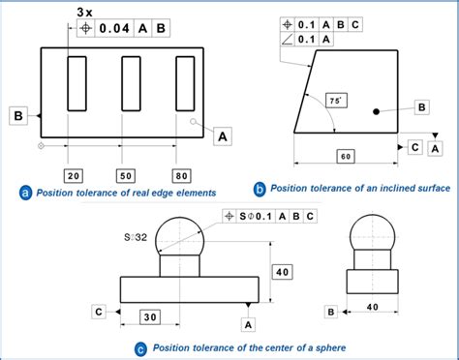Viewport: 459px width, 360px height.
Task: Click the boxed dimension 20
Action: point(75,174)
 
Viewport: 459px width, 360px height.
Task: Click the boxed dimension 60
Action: point(346,156)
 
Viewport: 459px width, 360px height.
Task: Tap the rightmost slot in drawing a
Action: point(184,86)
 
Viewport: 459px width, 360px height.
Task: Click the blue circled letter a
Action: point(25,193)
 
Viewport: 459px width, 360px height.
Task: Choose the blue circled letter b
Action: point(260,189)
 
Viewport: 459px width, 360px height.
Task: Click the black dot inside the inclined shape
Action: point(377,112)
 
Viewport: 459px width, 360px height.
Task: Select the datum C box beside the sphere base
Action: point(99,311)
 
